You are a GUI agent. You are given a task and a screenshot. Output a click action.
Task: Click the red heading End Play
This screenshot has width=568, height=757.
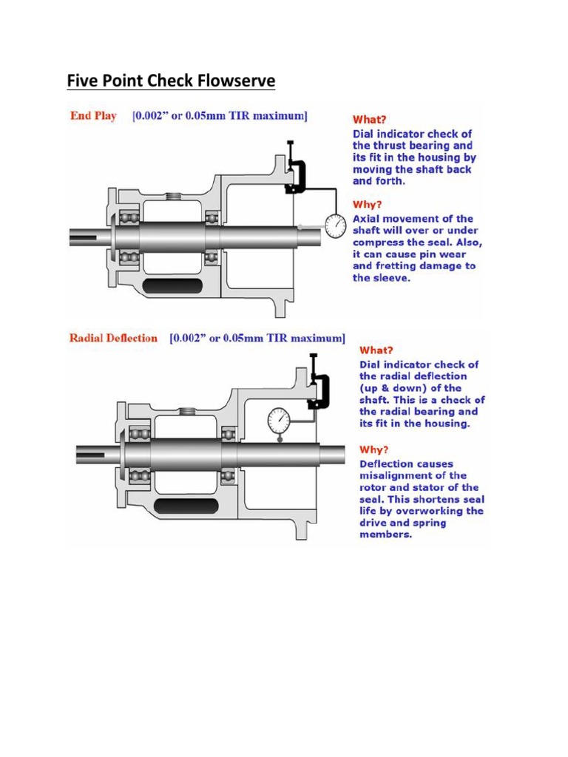tap(93, 116)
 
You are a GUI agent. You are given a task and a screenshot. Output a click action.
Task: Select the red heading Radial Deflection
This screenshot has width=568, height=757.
tap(113, 338)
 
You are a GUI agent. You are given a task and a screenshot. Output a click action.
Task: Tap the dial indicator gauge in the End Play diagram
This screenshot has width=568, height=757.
tap(336, 225)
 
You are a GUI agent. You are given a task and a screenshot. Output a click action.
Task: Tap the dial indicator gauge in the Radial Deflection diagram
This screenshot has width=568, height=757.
tap(279, 421)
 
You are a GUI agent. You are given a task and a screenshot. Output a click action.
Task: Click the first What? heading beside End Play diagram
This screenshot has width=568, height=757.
tap(369, 119)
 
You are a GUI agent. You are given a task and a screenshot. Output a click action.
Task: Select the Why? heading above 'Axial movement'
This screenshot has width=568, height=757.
tap(368, 204)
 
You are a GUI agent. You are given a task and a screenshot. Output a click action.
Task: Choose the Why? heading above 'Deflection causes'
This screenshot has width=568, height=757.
tap(374, 449)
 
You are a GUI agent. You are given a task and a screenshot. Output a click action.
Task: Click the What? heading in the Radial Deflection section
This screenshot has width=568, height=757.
tap(376, 350)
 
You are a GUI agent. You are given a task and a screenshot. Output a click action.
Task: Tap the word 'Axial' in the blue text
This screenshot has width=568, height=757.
tap(368, 219)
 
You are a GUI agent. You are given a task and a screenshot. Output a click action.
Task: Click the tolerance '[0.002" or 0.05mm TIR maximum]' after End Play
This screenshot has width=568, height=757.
tap(220, 116)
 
